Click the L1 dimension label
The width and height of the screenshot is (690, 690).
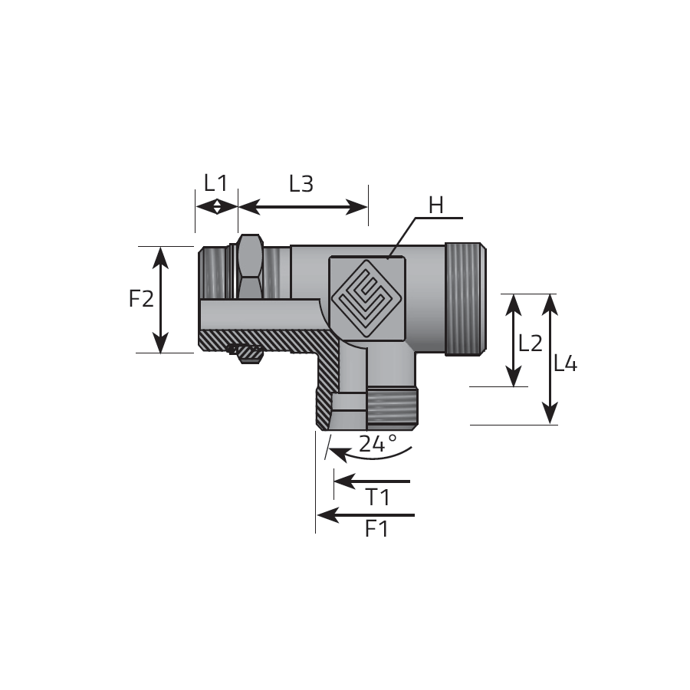215,183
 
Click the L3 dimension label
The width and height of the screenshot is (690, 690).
301,184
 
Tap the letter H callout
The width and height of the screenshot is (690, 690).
435,205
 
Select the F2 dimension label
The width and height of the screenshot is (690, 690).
141,299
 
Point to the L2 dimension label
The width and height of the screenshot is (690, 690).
531,343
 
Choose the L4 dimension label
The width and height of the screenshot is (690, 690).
565,364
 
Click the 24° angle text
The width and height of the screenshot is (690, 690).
378,444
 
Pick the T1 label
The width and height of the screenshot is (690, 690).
377,498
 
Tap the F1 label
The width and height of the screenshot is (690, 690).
376,529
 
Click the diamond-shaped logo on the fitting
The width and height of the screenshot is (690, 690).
367,298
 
